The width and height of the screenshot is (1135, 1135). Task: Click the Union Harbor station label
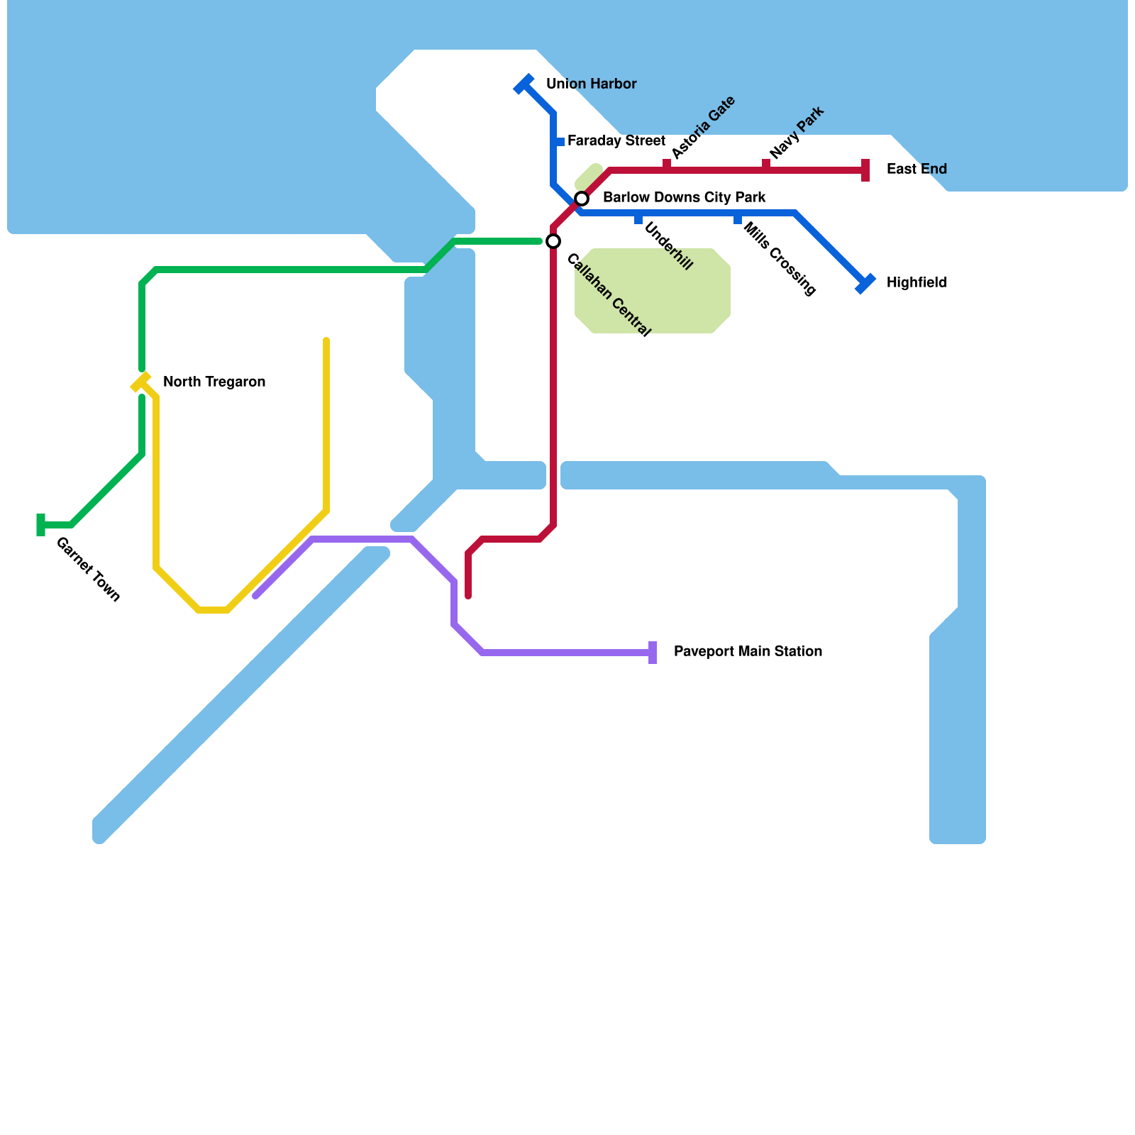[x=591, y=84]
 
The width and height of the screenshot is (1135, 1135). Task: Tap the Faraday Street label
[x=616, y=141]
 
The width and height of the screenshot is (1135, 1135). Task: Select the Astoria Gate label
[x=702, y=128]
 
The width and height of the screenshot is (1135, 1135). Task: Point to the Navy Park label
[x=796, y=133]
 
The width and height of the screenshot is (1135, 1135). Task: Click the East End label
[x=917, y=170]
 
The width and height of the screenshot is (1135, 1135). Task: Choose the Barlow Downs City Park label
[x=684, y=198]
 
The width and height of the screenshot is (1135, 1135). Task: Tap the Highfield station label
[x=917, y=283]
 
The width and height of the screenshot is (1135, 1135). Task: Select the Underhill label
[x=668, y=246]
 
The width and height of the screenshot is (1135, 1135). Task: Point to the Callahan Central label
[x=608, y=295]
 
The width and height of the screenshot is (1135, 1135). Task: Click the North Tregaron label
[x=214, y=382]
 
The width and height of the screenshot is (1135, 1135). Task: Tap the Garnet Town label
[x=88, y=570]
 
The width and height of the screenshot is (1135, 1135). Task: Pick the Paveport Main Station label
[x=748, y=652]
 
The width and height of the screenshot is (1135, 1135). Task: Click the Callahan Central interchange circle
[x=553, y=241]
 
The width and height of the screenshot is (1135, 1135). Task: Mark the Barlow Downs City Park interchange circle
[x=582, y=199]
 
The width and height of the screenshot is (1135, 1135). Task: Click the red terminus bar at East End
[x=865, y=170]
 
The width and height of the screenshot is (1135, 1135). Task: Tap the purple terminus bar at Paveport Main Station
[x=653, y=653]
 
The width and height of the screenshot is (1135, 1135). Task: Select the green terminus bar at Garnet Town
[x=41, y=525]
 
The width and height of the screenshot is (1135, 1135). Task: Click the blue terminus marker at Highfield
[x=865, y=284]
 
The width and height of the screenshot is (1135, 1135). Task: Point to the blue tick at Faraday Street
[x=560, y=142]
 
